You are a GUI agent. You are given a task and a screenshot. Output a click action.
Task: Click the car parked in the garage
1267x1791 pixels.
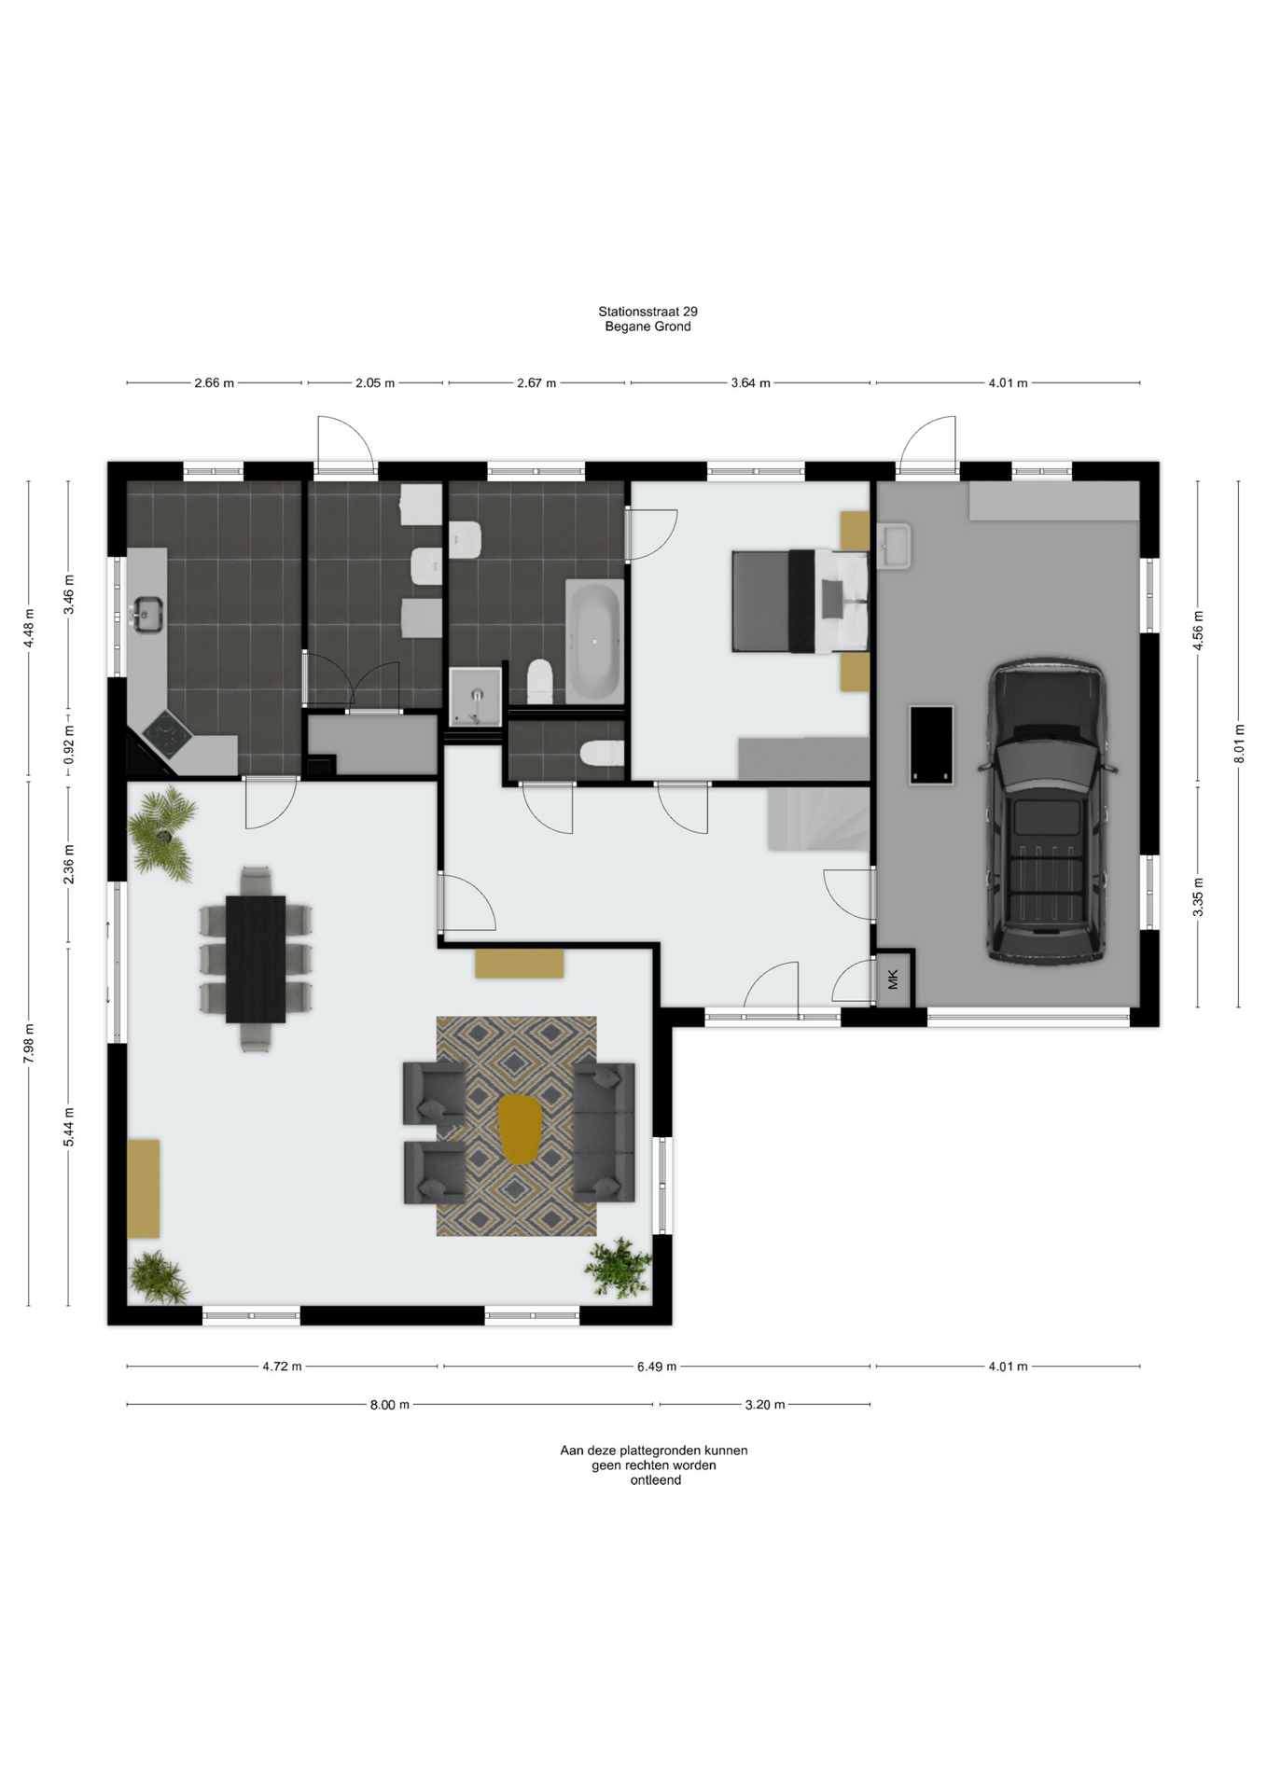(1047, 812)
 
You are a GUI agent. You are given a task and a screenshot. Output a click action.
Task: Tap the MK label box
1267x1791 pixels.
(894, 979)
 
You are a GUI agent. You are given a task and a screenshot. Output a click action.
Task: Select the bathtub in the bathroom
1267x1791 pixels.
(594, 642)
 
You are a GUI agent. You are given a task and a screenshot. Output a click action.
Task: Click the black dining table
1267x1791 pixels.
(256, 959)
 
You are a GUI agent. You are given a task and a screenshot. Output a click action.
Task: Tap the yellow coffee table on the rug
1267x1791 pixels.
(520, 1129)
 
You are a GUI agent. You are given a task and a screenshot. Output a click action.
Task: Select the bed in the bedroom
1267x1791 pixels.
(800, 602)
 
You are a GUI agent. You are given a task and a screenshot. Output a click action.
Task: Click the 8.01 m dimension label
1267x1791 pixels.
(1239, 743)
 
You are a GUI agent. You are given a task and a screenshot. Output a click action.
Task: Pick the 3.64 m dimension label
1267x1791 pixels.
(751, 382)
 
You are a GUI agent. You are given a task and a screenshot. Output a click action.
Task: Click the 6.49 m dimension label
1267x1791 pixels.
(657, 1367)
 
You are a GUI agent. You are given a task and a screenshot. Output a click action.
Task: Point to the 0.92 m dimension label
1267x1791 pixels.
(68, 744)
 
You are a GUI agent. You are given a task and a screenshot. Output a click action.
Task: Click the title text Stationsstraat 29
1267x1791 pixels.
(647, 312)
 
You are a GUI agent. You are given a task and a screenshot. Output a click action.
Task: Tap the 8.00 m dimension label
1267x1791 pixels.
(390, 1405)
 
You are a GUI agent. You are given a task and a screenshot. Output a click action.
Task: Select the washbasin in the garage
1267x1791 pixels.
(894, 545)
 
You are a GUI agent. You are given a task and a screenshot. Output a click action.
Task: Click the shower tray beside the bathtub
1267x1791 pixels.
(475, 696)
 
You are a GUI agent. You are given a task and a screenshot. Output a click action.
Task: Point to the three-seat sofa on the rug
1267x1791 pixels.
(604, 1131)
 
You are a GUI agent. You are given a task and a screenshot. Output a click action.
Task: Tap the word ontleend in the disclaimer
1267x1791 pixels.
(655, 1480)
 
